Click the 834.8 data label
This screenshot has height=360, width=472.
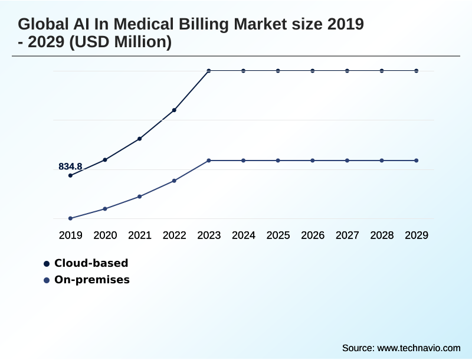(70, 166)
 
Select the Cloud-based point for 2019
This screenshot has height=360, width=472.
(71, 175)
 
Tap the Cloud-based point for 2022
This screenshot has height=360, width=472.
(175, 110)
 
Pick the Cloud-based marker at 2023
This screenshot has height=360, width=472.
(209, 71)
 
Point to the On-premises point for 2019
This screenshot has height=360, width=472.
(71, 218)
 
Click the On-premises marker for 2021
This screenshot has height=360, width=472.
(140, 197)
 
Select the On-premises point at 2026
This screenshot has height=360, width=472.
(313, 161)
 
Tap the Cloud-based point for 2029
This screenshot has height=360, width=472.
(417, 71)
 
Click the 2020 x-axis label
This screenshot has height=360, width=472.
(105, 235)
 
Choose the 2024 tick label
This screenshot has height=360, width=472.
(244, 235)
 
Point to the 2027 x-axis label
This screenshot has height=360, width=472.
(348, 235)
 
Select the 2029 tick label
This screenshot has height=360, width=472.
(417, 235)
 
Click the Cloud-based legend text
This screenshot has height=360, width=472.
(91, 263)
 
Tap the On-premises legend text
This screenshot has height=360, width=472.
(92, 280)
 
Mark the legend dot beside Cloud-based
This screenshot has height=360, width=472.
(47, 264)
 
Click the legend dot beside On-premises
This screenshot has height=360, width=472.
(47, 280)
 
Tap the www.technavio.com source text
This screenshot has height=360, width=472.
(418, 348)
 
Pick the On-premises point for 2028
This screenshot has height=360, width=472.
(382, 161)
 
